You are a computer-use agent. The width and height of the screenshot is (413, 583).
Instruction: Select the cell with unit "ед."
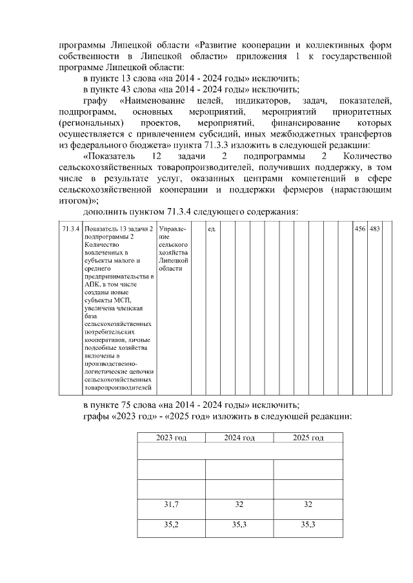point(211,229)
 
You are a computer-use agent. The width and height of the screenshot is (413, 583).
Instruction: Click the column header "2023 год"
point(171,438)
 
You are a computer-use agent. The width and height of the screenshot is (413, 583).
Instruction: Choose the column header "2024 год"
point(239,438)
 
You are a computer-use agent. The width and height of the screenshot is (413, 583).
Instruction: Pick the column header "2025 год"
point(308,438)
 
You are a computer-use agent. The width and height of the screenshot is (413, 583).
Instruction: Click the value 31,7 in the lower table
point(171,504)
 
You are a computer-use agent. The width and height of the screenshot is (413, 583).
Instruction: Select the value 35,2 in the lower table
point(171,525)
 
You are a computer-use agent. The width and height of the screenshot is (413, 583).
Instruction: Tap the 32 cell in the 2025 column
point(308,504)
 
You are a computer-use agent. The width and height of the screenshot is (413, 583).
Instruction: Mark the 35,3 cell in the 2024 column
point(239,525)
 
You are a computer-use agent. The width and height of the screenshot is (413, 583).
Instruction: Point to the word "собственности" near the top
point(87,57)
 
